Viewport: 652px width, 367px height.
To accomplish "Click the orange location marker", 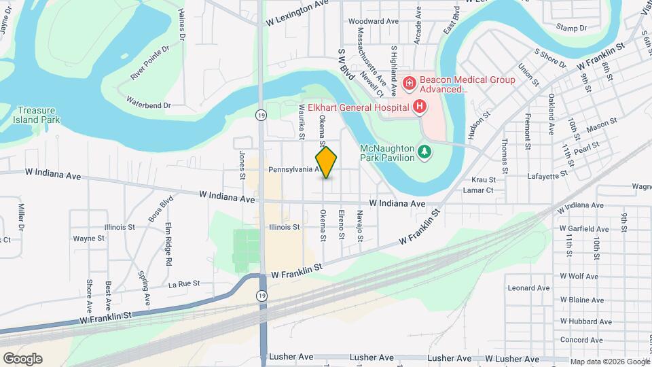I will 327,162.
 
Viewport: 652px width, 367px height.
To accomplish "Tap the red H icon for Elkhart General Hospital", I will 420,106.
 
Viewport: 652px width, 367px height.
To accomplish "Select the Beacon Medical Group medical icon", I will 409,84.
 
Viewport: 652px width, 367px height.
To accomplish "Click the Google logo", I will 22,359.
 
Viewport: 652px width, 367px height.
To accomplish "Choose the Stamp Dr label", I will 570,28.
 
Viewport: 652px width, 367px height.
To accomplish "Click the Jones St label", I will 242,165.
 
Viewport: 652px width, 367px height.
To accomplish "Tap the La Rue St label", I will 184,283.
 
